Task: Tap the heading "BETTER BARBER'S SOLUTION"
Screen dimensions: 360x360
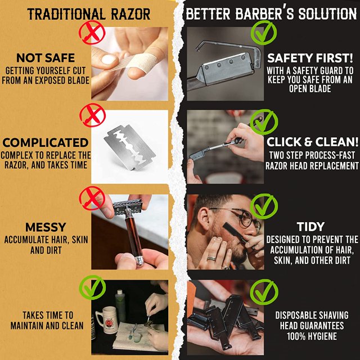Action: (271, 13)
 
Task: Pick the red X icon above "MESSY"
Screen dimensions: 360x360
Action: (92, 198)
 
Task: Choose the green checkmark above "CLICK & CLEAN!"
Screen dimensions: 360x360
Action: (260, 120)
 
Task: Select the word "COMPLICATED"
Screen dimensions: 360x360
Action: (45, 142)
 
